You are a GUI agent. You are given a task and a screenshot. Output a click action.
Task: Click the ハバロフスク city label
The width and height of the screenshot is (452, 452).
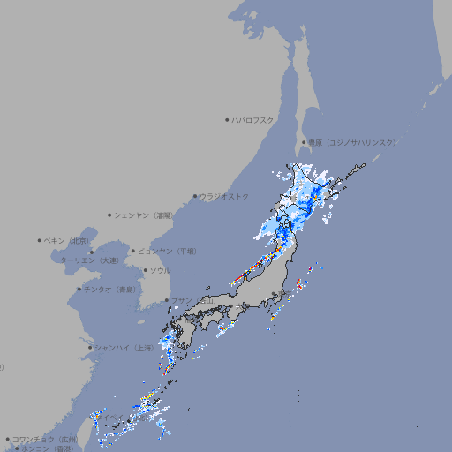click(x=254, y=120)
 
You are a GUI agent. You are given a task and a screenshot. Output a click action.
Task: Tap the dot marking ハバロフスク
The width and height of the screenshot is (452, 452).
click(x=227, y=120)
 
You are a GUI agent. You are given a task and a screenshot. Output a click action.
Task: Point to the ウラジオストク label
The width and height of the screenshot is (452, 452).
click(x=225, y=196)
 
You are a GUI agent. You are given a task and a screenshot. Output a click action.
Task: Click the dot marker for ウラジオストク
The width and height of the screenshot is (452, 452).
click(x=195, y=196)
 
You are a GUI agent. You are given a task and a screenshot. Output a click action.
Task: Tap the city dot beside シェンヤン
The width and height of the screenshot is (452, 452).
click(x=110, y=215)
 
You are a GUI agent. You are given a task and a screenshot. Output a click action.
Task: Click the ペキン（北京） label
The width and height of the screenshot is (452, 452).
click(x=68, y=240)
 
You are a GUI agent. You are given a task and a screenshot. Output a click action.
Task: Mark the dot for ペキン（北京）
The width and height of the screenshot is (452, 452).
click(x=40, y=240)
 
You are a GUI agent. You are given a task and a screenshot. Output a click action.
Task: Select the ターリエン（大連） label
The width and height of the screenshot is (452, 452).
click(x=89, y=261)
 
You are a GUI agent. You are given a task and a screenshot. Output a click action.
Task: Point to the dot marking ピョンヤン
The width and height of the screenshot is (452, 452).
click(x=133, y=251)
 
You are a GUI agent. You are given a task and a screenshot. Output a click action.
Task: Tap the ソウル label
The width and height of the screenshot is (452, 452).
click(x=160, y=270)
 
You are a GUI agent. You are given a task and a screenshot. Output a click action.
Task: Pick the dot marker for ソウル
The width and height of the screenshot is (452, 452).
click(x=145, y=270)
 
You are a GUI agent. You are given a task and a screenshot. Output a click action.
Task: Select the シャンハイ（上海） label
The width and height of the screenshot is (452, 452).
click(x=124, y=348)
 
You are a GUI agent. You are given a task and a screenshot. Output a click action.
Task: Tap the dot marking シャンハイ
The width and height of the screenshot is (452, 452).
click(x=90, y=348)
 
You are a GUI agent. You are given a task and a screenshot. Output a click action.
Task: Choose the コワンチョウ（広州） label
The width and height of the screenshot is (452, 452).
click(x=45, y=439)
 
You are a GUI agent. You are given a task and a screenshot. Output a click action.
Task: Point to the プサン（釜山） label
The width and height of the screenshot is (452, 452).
click(x=193, y=300)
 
